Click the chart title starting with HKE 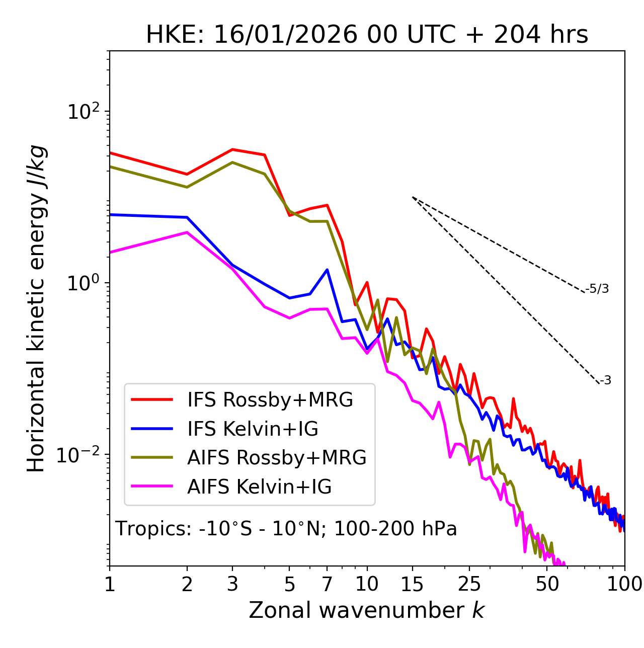coord(367,35)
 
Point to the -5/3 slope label coord(597,289)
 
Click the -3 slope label coord(605,381)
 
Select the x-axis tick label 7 coord(327,584)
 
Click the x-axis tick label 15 coord(412,584)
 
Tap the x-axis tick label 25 coord(469,584)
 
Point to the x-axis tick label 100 coord(624,584)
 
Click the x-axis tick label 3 coord(232,584)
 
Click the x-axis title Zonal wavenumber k coord(367,610)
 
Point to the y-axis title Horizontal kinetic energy coord(36,309)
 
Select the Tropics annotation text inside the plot coord(286,529)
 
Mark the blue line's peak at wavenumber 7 coord(328,270)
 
